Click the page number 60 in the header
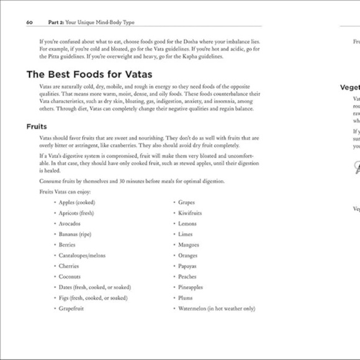[29, 22]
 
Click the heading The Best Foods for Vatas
[89, 74]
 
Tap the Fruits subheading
[37, 127]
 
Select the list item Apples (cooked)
[77, 202]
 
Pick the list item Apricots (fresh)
[76, 213]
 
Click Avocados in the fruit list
[70, 223]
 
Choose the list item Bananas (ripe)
[74, 234]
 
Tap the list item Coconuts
[70, 276]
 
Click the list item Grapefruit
[71, 308]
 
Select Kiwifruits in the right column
[190, 213]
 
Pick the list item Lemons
[187, 223]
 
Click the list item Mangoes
[189, 245]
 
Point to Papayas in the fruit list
[187, 266]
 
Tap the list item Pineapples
[191, 287]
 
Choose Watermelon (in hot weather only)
[216, 308]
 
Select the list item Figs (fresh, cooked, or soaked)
[93, 297]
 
